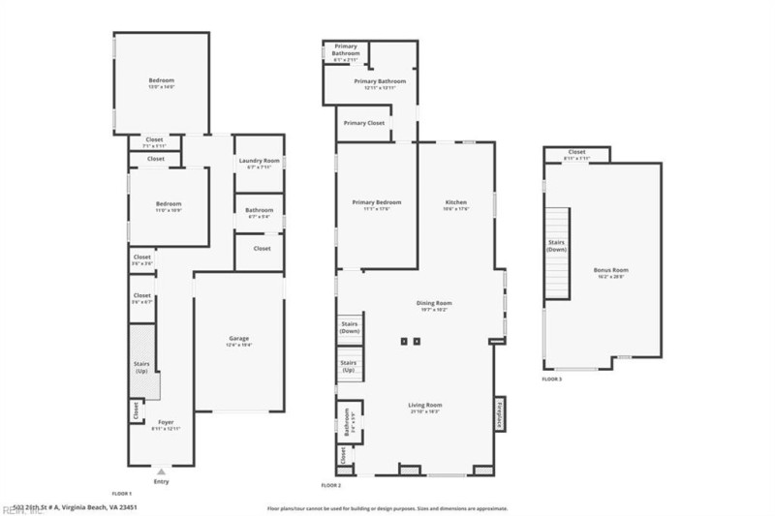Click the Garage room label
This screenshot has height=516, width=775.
click(x=238, y=340)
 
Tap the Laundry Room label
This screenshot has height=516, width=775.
click(x=259, y=162)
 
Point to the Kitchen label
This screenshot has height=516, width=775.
click(x=455, y=204)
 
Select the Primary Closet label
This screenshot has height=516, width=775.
click(x=363, y=123)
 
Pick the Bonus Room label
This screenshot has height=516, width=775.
click(x=610, y=272)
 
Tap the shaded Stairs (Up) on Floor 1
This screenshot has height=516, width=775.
click(x=142, y=365)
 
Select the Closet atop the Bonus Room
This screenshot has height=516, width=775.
click(x=576, y=154)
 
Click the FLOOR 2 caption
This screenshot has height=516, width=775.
click(x=331, y=484)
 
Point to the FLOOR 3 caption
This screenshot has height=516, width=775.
click(x=551, y=379)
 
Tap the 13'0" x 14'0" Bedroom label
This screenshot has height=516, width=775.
click(x=161, y=82)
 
